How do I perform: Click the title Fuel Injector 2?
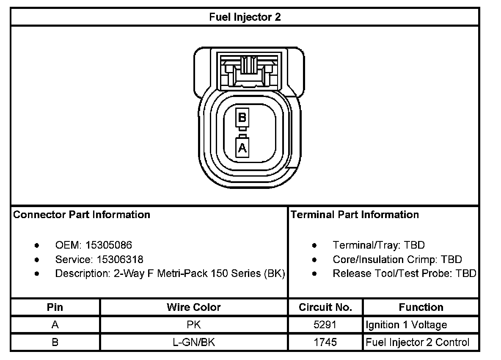tap(245, 17)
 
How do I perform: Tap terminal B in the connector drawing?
tap(242, 117)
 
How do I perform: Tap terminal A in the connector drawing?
tap(242, 148)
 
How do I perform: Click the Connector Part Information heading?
tap(82, 215)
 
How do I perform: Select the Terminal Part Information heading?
tap(355, 215)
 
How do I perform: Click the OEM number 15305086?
tap(109, 245)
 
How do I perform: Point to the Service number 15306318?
tap(120, 259)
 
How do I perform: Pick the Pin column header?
tap(55, 307)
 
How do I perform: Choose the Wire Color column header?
tap(194, 307)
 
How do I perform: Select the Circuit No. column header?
tap(325, 307)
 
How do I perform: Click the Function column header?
tap(421, 307)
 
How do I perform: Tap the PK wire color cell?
tap(194, 325)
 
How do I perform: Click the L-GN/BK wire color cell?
tap(194, 342)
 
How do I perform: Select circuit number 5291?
tap(325, 325)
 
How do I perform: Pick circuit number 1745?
tap(325, 342)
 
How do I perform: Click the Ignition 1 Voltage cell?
tap(406, 325)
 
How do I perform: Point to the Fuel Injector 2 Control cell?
tap(417, 342)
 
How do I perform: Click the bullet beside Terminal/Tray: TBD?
tap(314, 245)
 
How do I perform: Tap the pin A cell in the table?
tap(55, 325)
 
